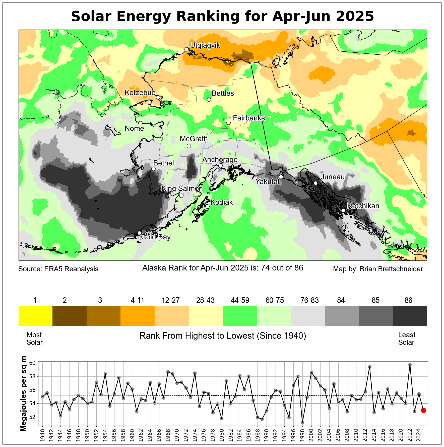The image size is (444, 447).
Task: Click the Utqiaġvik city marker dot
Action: [186, 49]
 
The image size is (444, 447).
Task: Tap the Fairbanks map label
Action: [249, 118]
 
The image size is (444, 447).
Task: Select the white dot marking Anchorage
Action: [220, 166]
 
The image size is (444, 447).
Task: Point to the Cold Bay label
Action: [156, 237]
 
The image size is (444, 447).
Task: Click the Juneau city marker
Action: [316, 183]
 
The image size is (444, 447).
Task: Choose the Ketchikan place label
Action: [363, 206]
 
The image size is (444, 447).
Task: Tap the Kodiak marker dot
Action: [207, 206]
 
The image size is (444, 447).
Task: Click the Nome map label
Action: [134, 129]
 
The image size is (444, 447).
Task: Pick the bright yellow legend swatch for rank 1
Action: [35, 316]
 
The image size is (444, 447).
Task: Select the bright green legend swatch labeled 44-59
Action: [240, 316]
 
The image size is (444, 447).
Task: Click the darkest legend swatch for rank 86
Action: [410, 316]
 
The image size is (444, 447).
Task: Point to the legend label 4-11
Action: [138, 300]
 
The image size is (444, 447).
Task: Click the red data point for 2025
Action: [423, 410]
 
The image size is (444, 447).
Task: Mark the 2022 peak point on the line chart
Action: [410, 365]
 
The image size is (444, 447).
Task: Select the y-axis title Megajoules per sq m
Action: [23, 394]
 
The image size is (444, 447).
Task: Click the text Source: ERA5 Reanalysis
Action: [58, 269]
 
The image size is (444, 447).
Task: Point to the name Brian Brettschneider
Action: [391, 269]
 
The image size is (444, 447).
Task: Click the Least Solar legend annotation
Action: [407, 338]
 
